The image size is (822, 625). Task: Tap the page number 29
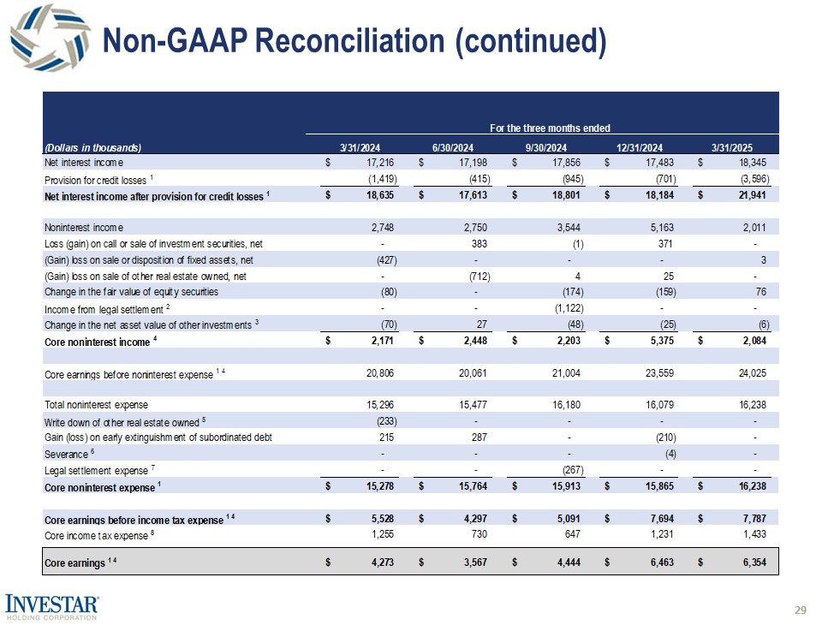point(801,610)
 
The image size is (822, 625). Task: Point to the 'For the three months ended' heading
point(549,128)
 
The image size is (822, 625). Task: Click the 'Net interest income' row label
point(83,163)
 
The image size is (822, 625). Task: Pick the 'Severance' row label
point(64,454)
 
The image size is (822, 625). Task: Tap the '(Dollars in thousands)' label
point(92,146)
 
